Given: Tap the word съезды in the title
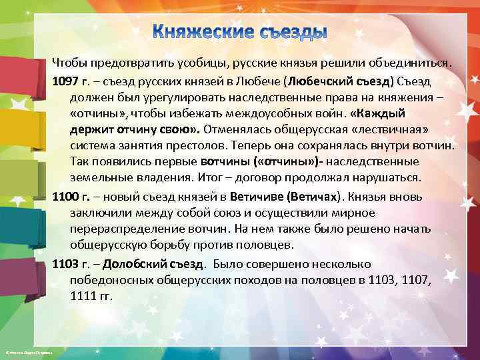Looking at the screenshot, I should pos(291,33).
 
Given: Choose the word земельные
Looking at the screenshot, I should pos(101,177).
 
